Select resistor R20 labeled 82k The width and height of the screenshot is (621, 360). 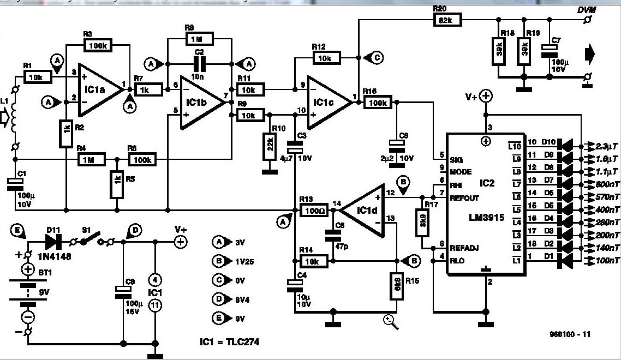point(447,20)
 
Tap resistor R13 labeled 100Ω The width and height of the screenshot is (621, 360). point(310,210)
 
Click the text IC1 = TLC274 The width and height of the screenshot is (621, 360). point(229,342)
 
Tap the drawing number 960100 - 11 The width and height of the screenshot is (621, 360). point(571,334)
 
